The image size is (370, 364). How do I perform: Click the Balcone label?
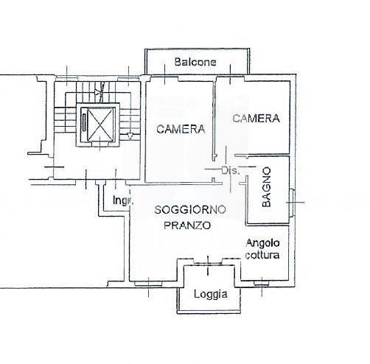pos(195,62)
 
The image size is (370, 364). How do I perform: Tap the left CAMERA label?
pos(181,129)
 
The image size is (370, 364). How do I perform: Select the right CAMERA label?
pos(256,119)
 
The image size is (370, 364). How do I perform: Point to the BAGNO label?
pos(266,187)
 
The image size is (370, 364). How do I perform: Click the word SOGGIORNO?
pos(190,210)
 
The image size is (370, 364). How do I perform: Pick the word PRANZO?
pos(187,225)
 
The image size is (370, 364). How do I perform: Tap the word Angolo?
pos(262,243)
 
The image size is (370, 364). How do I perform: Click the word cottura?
pos(262,255)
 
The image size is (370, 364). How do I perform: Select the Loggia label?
pos(211,294)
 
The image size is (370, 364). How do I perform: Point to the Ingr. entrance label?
pos(123,200)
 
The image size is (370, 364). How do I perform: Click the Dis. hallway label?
pos(230,170)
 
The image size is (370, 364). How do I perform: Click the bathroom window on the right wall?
pos(292,203)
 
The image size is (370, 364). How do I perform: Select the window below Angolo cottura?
pos(262,284)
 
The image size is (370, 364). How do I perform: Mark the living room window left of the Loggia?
pos(148,284)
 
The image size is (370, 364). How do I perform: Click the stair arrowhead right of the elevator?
pos(130,136)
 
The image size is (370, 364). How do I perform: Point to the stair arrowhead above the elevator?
pos(98,92)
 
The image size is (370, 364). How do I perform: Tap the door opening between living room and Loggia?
pos(208,263)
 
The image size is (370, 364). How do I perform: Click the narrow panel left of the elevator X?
pos(84,122)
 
